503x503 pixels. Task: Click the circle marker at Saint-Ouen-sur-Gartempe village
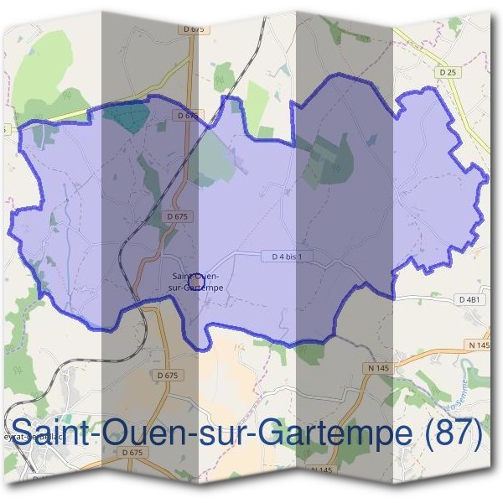194,281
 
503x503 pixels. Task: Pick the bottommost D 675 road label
133,452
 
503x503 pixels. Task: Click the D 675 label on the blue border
186,115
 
